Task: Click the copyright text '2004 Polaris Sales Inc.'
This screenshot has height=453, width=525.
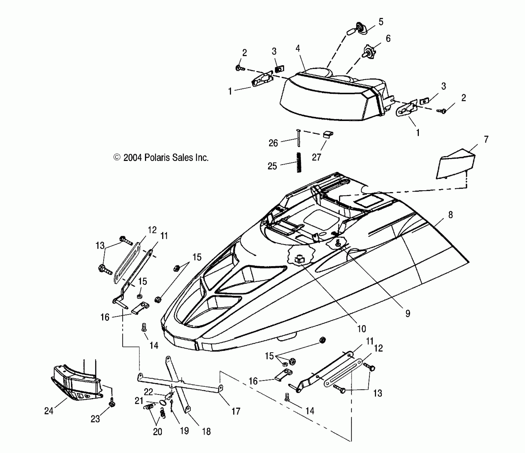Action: (x=166, y=158)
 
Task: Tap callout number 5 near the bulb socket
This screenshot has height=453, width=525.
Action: (x=381, y=22)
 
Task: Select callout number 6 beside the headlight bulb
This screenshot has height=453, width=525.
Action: (x=388, y=39)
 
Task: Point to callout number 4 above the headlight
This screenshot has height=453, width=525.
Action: (x=298, y=48)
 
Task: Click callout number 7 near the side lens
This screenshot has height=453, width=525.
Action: (x=486, y=139)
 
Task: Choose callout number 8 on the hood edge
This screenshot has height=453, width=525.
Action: (x=450, y=215)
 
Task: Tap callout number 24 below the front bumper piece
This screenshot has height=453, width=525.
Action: (x=49, y=411)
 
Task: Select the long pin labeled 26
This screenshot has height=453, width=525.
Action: (x=298, y=137)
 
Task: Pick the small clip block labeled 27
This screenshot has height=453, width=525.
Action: (x=328, y=134)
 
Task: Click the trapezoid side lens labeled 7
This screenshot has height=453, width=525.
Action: (x=456, y=165)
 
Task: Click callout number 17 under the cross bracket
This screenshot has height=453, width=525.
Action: (x=236, y=411)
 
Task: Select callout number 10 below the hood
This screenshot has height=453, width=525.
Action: (x=361, y=329)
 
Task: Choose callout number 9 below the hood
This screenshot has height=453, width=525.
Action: (x=408, y=314)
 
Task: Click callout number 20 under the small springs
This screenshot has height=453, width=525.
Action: (x=157, y=432)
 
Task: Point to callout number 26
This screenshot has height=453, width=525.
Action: (x=273, y=143)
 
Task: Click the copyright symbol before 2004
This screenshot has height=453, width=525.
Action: (x=117, y=157)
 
